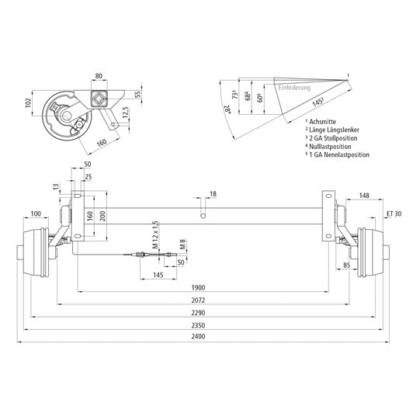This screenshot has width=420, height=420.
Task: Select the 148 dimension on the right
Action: pos(364,196)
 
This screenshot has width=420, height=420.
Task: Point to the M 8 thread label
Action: pos(180,246)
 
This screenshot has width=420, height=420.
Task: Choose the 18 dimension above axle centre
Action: pos(213,194)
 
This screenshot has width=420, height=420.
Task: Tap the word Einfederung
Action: pos(294,89)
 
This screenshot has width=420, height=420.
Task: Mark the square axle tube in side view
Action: pos(99,99)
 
